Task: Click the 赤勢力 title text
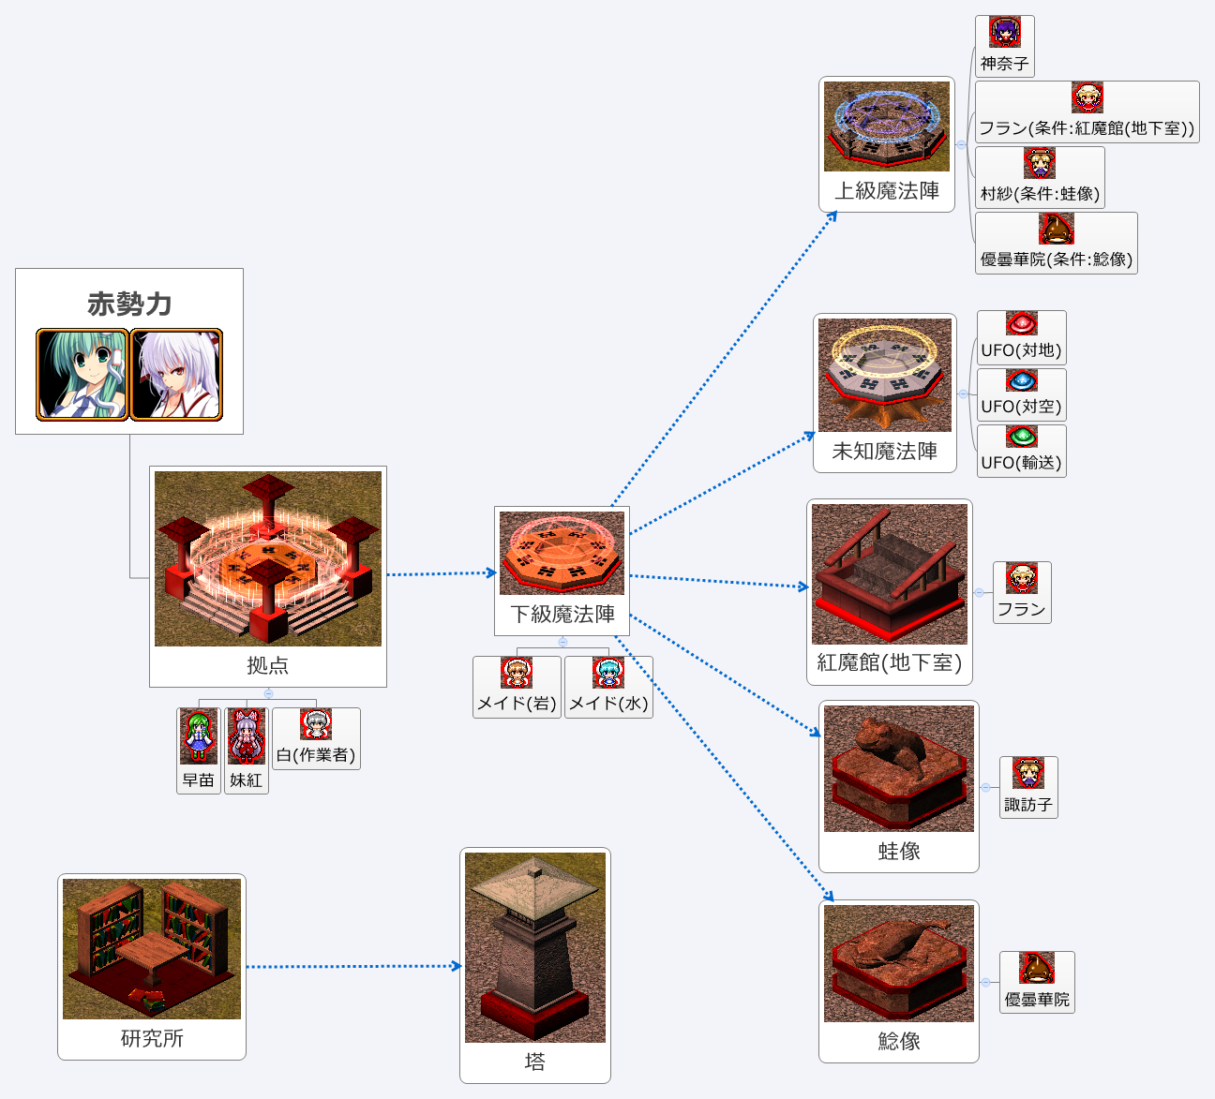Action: tap(129, 304)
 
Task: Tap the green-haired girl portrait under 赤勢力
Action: tap(82, 374)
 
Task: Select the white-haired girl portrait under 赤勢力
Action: tap(177, 374)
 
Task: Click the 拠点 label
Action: tap(268, 665)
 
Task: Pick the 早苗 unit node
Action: tap(199, 750)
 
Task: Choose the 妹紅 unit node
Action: tap(247, 750)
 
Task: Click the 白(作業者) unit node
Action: tap(316, 738)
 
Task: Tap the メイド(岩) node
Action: tap(517, 688)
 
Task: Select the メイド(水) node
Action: tap(608, 688)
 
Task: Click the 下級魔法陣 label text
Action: tap(562, 614)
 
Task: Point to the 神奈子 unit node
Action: tap(1005, 46)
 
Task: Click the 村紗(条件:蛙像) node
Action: tap(1040, 177)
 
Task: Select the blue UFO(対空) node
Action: tap(1022, 394)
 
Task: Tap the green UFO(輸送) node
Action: tap(1022, 451)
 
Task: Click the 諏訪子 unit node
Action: tap(1028, 787)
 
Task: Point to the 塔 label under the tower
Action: tap(534, 1062)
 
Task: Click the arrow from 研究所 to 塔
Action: tap(353, 966)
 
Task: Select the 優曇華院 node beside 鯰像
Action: tap(1037, 982)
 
